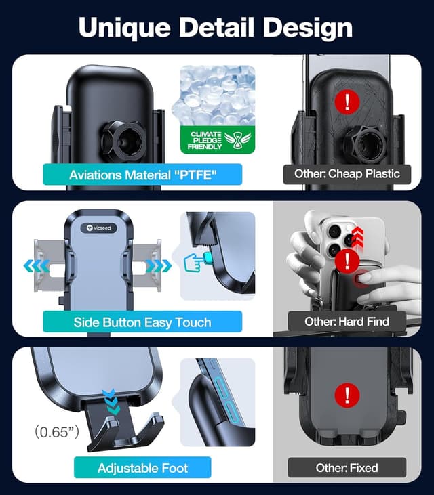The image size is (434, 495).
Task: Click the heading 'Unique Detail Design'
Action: (x=216, y=28)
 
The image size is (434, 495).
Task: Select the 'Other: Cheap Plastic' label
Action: (x=347, y=173)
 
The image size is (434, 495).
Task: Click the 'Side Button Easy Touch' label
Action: (x=142, y=322)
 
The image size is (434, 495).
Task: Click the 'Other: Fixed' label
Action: (x=347, y=468)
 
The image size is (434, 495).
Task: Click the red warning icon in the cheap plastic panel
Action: (x=348, y=102)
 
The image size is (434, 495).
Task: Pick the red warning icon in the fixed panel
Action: (x=347, y=395)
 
